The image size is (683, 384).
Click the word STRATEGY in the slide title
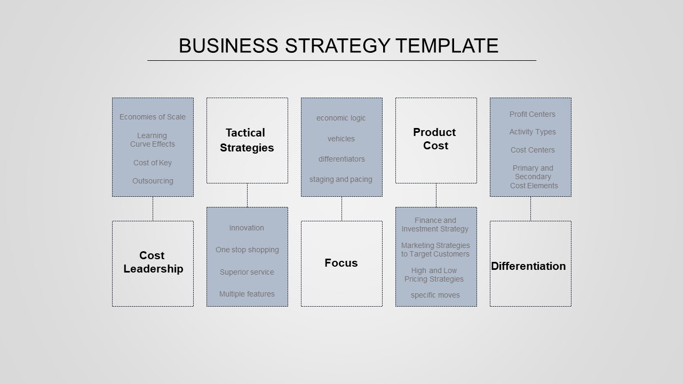[338, 46]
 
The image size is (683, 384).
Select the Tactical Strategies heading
[247, 140]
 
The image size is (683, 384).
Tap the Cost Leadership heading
[153, 262]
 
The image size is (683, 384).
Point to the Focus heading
[341, 263]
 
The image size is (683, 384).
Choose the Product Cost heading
[434, 139]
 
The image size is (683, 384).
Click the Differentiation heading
[528, 266]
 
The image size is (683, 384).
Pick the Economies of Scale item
[153, 117]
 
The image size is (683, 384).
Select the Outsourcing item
[153, 181]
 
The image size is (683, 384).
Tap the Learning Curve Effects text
[153, 140]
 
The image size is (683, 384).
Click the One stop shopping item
[247, 250]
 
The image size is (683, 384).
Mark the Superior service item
[247, 272]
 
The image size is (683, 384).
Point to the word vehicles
[341, 139]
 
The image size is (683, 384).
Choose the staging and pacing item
[341, 180]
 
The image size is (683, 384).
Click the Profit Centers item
[533, 114]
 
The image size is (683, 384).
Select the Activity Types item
[533, 132]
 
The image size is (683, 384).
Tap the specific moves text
[435, 295]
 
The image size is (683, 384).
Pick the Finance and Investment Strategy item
[435, 225]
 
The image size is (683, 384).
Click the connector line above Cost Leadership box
[153, 209]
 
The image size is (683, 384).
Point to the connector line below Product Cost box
[436, 195]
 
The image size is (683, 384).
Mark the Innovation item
[247, 228]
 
